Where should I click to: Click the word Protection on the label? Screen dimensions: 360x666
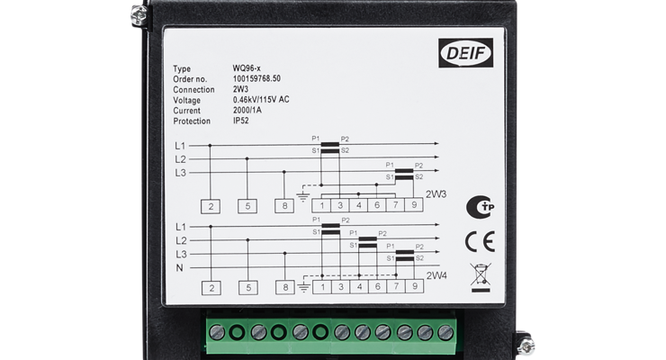[x=191, y=121]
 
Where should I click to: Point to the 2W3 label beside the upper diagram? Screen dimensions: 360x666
[x=436, y=193]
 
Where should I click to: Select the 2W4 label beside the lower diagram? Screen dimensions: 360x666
[x=436, y=275]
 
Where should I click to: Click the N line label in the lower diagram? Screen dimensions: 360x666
[x=179, y=268]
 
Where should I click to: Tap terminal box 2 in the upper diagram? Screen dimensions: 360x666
[x=211, y=206]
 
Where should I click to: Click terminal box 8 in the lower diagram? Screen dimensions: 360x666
[x=284, y=288]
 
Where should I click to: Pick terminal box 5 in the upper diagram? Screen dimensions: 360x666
[x=247, y=206]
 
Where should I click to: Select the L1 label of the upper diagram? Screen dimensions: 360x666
[x=180, y=145]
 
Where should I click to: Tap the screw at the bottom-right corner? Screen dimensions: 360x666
[x=527, y=344]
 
